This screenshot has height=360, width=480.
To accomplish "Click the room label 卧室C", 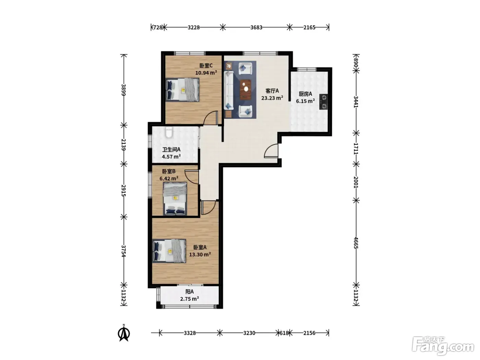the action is click(x=206, y=65).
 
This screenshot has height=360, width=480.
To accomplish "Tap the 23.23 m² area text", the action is click(x=272, y=98).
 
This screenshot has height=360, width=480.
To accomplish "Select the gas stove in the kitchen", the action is click(x=323, y=101).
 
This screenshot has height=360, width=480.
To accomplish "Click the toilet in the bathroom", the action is click(x=169, y=132).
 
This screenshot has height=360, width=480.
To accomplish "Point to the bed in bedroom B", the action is click(x=175, y=199).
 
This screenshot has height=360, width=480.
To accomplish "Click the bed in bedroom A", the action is click(x=169, y=251).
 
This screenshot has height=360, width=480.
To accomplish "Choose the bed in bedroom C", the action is click(x=183, y=89).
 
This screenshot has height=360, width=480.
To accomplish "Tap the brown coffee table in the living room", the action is click(x=245, y=89).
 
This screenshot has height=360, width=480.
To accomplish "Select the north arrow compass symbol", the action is click(x=124, y=333).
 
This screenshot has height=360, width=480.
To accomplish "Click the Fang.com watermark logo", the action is click(x=443, y=346).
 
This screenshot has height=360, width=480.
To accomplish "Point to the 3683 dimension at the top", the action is click(x=256, y=27).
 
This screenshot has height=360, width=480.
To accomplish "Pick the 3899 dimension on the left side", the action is click(x=123, y=90).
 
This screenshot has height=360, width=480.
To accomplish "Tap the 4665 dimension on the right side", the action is click(x=356, y=243).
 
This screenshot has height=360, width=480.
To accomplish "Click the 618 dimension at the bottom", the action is click(x=284, y=333).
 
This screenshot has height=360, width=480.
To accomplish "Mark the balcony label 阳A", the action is click(x=189, y=291).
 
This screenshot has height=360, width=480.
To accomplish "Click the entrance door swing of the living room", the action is click(x=271, y=151).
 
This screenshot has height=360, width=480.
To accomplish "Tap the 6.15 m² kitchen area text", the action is click(x=305, y=101).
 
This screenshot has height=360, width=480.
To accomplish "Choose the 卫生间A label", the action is click(x=171, y=149).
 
